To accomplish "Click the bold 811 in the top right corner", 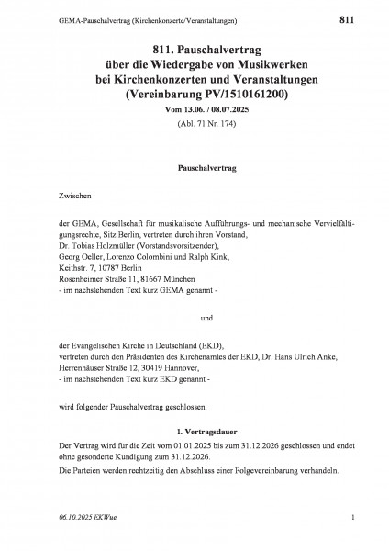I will pos(346,17).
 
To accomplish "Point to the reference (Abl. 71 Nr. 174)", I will pos(194,124).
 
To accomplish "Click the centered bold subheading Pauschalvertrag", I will pos(194,169).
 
